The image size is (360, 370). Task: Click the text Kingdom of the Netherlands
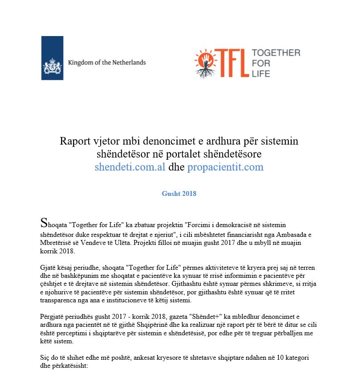(x=107, y=62)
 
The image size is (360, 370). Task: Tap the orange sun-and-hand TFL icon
(x=207, y=63)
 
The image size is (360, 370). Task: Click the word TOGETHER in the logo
(x=276, y=53)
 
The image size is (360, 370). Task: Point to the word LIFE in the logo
(x=261, y=73)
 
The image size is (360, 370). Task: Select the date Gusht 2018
(x=179, y=194)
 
